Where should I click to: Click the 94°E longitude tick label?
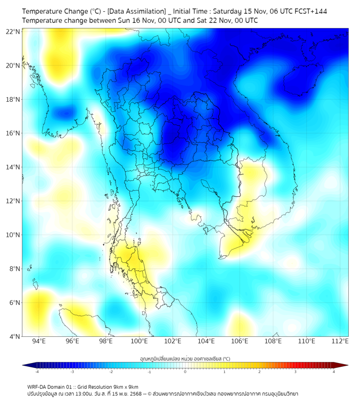39,342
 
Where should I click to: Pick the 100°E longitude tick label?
139,342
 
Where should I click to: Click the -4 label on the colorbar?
36,372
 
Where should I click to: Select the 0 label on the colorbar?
185,372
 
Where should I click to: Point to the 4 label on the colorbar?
333,372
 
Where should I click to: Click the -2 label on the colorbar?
111,372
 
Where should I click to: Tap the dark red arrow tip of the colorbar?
345,365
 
